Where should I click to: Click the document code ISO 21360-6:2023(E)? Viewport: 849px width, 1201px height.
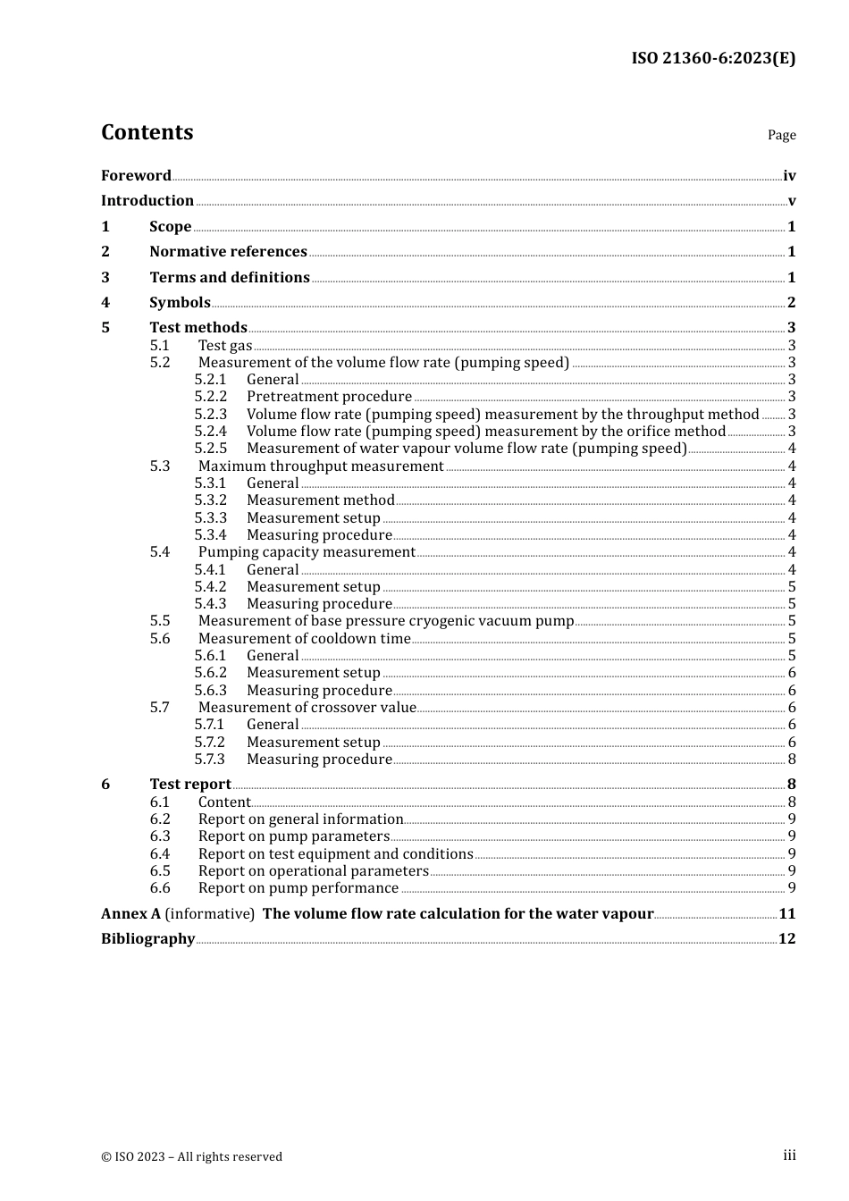712,58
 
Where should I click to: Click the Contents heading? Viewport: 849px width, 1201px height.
147,132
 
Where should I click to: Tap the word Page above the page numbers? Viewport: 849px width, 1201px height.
781,135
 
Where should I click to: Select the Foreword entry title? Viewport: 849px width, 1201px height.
136,176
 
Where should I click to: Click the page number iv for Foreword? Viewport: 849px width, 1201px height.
789,176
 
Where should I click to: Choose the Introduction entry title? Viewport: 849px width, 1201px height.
147,201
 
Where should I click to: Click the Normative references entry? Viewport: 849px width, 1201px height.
228,252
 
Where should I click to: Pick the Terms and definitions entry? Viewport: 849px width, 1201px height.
230,278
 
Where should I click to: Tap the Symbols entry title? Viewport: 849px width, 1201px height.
180,303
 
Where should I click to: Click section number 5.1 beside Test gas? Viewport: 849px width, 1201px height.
160,346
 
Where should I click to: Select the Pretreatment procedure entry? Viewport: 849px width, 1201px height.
329,397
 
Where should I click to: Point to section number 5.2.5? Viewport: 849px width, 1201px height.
211,449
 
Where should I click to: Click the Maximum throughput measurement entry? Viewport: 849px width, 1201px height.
321,466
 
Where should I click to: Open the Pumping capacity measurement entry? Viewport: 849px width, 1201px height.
307,552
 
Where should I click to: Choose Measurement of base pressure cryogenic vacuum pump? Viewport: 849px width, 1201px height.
386,621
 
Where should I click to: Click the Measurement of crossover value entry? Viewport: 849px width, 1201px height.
307,708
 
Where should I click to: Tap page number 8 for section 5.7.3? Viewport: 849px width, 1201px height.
792,760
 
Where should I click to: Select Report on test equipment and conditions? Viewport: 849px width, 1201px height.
336,854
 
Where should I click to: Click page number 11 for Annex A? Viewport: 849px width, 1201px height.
786,914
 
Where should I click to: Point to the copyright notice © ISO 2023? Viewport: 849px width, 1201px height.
191,1157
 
